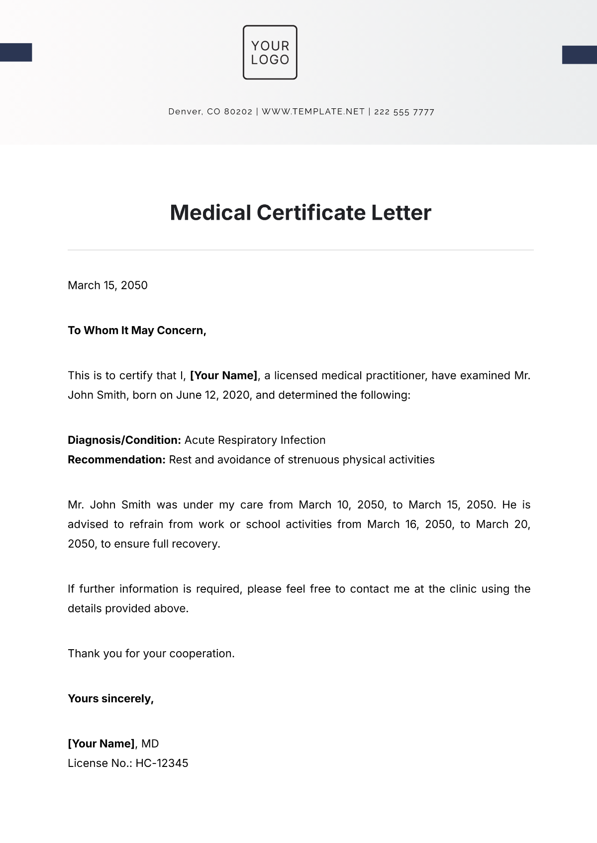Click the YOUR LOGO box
(270, 52)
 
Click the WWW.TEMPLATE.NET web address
(313, 112)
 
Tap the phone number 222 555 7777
(404, 112)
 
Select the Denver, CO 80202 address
(210, 112)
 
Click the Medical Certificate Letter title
(300, 213)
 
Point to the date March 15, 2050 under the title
(107, 285)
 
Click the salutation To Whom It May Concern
(137, 331)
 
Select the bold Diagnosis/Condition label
(124, 440)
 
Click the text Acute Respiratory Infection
(255, 440)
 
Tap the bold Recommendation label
(116, 460)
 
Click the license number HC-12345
(162, 763)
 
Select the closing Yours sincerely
(110, 699)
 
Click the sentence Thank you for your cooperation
(151, 654)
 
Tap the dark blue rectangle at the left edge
(16, 53)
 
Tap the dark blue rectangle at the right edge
(580, 55)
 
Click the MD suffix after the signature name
(150, 744)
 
